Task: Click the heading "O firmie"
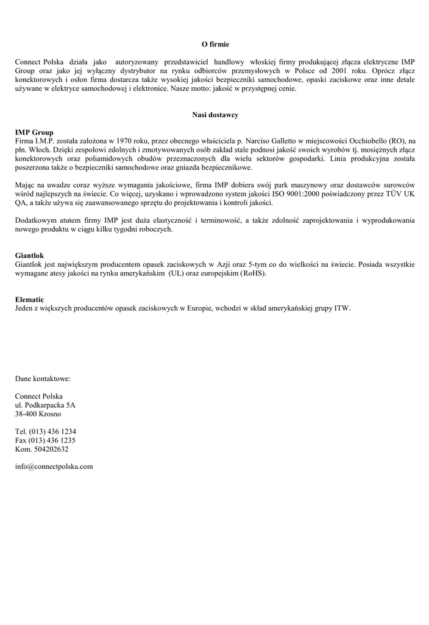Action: click(x=215, y=45)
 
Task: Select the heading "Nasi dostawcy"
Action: click(x=215, y=115)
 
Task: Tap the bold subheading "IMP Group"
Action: click(x=34, y=132)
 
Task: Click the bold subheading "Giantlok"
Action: click(x=29, y=255)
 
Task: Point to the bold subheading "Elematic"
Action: click(x=29, y=300)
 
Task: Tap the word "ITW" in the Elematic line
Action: click(x=343, y=309)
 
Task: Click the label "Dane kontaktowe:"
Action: click(x=43, y=378)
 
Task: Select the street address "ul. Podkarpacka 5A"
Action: click(x=45, y=405)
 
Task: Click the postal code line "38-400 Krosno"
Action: click(x=38, y=414)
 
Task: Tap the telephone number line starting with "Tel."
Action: click(x=45, y=432)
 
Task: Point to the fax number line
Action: click(x=45, y=440)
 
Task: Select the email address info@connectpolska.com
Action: click(x=54, y=466)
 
